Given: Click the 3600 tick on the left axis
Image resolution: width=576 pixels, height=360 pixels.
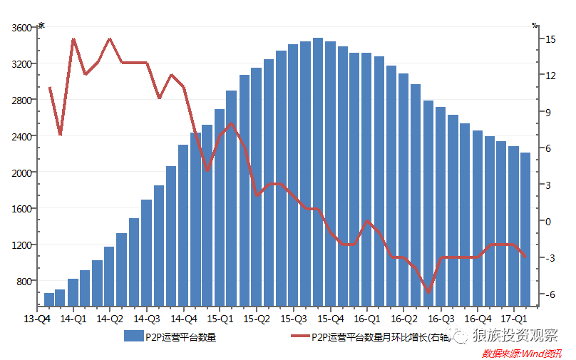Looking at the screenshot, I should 22,28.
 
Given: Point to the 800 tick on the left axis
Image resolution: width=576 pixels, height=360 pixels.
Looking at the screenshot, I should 24,281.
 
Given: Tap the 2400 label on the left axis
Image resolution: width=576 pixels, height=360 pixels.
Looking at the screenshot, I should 22,136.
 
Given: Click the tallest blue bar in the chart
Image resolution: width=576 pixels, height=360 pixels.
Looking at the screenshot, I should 318,171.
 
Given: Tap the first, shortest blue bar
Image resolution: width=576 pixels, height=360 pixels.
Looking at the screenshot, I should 48,299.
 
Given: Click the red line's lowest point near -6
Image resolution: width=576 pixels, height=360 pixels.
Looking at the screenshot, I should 429,292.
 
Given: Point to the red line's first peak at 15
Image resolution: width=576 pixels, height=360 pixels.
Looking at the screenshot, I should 73,39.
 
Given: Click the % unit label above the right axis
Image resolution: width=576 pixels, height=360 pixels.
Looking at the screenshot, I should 535,25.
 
